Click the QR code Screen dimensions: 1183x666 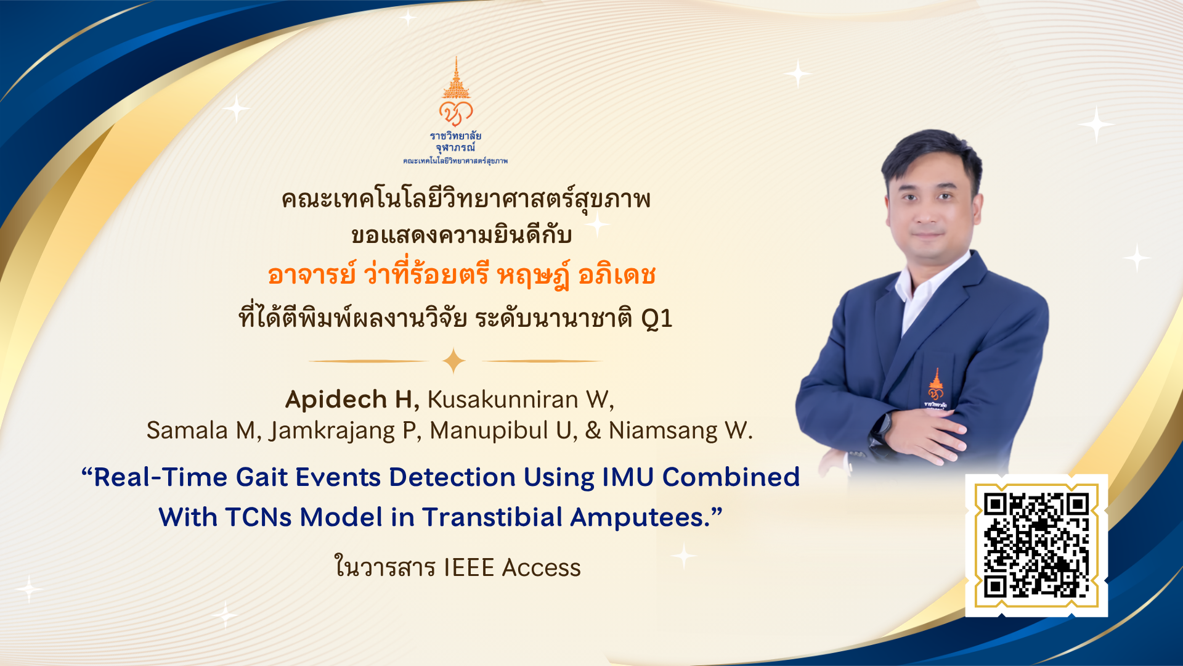pyautogui.click(x=1036, y=545)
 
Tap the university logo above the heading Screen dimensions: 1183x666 pyautogui.click(x=455, y=110)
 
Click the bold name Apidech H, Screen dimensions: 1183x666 pyautogui.click(x=352, y=400)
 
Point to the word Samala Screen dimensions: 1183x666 pyautogui.click(x=187, y=430)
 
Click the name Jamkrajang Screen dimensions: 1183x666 pyautogui.click(x=332, y=431)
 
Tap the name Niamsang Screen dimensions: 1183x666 pyautogui.click(x=663, y=431)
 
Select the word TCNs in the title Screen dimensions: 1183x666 pyautogui.click(x=258, y=517)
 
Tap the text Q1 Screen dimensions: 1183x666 pyautogui.click(x=656, y=318)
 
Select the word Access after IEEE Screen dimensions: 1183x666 pyautogui.click(x=541, y=568)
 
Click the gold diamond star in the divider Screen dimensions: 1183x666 pyautogui.click(x=454, y=361)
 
